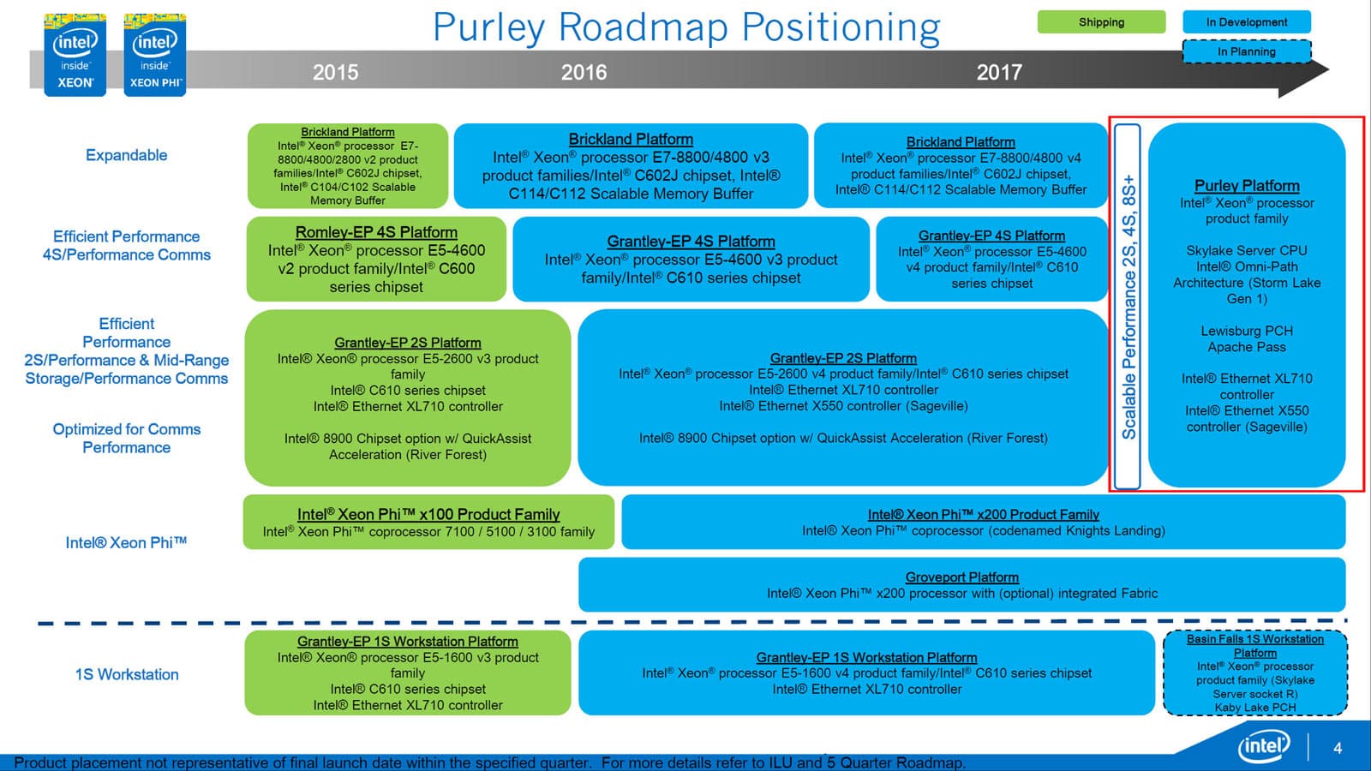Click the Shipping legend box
pos(1101,22)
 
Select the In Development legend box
pos(1246,22)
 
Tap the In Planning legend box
pos(1246,51)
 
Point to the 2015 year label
pos(335,72)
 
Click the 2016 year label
pos(584,72)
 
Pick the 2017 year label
pos(999,72)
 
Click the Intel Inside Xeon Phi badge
pos(155,55)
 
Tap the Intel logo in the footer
pos(1264,747)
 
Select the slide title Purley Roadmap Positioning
pos(686,27)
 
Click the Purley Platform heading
pos(1247,186)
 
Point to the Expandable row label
pos(126,155)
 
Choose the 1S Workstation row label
pos(127,674)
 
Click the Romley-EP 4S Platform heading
pos(376,232)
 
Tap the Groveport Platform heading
pos(961,577)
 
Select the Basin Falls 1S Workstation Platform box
pos(1254,673)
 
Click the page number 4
pos(1338,748)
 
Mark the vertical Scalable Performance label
pos(1129,307)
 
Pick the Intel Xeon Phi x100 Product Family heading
pos(428,514)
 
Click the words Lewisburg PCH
pos(1247,331)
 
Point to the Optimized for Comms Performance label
pos(127,438)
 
